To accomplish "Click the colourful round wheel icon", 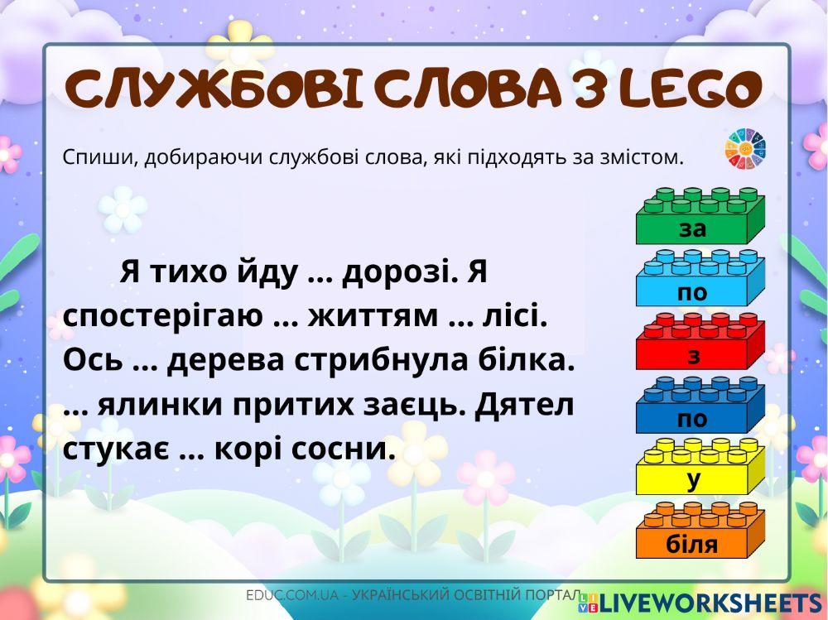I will click(746, 149).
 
